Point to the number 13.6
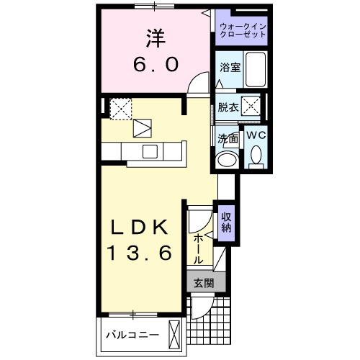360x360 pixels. pos(141,253)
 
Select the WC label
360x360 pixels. pos(256,134)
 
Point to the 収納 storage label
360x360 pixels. pos(227,223)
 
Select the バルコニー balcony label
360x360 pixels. pos(130,335)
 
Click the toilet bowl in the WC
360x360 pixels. pos(256,155)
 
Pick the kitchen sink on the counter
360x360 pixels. pos(150,151)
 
